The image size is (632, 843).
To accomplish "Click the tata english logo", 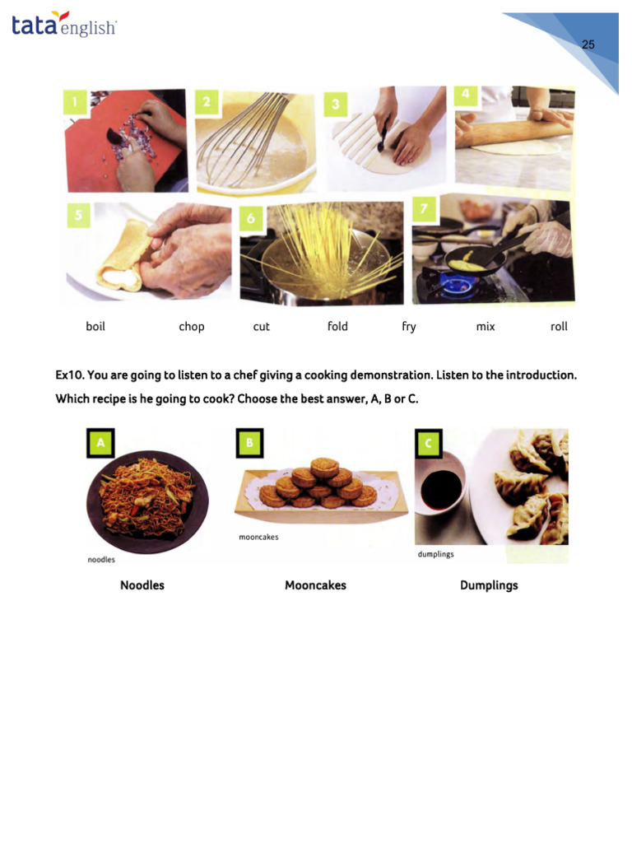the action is (x=63, y=24).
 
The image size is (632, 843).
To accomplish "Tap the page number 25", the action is (x=588, y=44).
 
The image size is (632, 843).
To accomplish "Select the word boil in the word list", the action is (x=95, y=326).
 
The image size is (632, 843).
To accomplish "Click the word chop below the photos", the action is (x=191, y=327).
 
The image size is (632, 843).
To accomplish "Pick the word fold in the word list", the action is (x=337, y=326).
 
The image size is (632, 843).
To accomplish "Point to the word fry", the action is (x=409, y=327).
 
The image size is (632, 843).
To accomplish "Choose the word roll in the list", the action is (x=559, y=326).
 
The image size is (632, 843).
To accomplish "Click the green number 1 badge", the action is (x=75, y=102).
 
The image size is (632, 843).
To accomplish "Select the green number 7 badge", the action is (x=424, y=208).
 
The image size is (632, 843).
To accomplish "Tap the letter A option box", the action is (x=100, y=443).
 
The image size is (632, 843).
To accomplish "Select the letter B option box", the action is (x=249, y=443).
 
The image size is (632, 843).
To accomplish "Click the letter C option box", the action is (x=428, y=444).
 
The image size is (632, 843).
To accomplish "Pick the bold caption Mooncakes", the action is (x=315, y=585).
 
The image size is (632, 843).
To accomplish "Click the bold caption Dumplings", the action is (x=489, y=585).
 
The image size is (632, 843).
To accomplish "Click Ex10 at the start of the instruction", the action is (x=70, y=375).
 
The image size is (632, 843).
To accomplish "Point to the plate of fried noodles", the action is (x=147, y=501).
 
